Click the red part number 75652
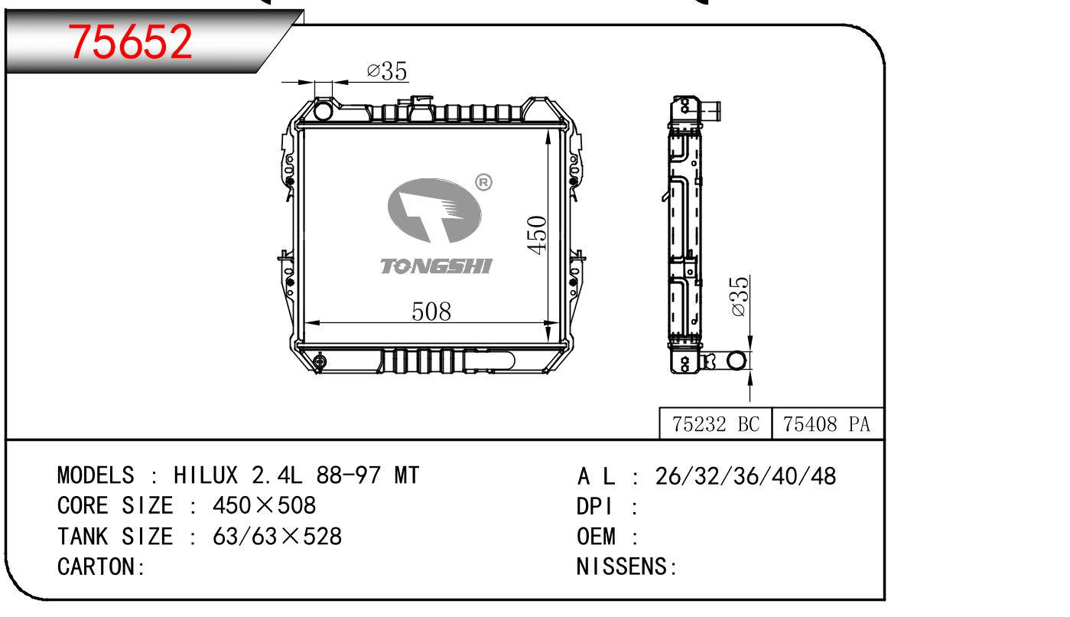pos(130,42)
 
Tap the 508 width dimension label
pos(431,312)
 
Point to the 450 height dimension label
pos(538,235)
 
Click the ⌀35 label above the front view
pos(387,72)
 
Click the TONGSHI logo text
pos(437,266)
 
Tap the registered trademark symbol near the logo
pos(483,183)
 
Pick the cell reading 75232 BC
pos(716,425)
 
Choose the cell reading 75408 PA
pos(829,425)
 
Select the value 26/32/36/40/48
pos(746,476)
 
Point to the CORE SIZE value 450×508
pos(264,506)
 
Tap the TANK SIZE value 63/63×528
pos(277,537)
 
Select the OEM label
pos(597,537)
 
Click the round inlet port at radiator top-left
pos(324,111)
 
